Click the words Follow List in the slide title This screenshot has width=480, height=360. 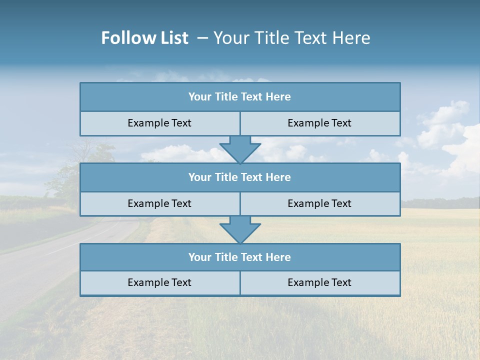(x=144, y=38)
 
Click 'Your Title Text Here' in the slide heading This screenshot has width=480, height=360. (x=291, y=38)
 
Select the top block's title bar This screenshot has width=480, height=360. (x=240, y=97)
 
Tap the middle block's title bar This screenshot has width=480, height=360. (x=240, y=177)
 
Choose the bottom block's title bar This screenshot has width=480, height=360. (x=240, y=257)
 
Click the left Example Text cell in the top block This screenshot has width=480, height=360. (x=159, y=123)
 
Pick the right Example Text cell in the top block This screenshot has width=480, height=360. (x=319, y=123)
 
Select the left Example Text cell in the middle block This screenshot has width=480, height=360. (x=159, y=203)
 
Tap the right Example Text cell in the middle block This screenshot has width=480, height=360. (x=319, y=203)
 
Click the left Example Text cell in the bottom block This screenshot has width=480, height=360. (x=159, y=283)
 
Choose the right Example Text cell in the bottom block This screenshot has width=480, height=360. (x=319, y=283)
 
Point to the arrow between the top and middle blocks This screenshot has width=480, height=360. (x=240, y=149)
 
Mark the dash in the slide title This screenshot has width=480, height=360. (x=202, y=38)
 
